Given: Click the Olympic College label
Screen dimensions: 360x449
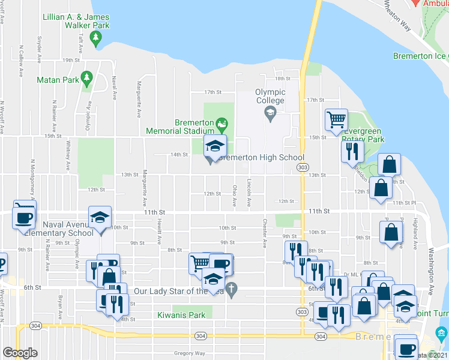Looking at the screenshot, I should coord(270,96).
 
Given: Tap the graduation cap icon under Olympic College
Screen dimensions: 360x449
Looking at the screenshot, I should coord(270,112).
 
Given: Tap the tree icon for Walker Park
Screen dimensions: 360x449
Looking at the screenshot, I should coord(95,38).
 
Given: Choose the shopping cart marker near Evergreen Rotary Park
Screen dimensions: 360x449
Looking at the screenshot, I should coord(337,119).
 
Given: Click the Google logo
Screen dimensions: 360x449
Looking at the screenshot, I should coord(20,353).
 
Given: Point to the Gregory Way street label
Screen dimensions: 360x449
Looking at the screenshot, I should coord(189,353).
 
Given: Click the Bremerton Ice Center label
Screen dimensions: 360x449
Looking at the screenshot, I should coord(421,56).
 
